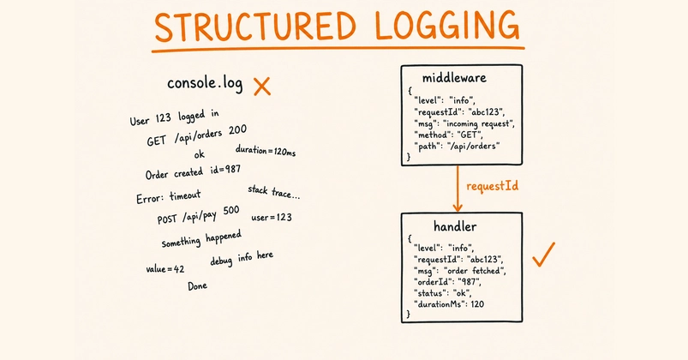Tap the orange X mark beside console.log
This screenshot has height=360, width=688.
click(262, 86)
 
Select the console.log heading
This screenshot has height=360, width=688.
click(205, 83)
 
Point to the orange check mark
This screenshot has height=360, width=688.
click(544, 255)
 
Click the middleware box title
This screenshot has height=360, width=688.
click(454, 78)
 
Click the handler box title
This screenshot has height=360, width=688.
click(455, 226)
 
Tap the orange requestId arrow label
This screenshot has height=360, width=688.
click(492, 186)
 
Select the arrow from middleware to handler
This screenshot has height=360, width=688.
click(458, 189)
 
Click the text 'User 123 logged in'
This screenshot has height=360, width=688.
click(174, 117)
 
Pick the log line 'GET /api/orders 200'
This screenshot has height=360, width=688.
click(196, 135)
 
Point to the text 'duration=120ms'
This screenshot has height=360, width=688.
click(266, 150)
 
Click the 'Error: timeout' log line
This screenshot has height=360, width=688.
click(169, 196)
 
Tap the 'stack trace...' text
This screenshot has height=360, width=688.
click(274, 191)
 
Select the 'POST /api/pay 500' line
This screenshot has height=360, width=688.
click(198, 214)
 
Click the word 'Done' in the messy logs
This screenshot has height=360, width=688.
click(197, 285)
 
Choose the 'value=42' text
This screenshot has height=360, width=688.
click(165, 268)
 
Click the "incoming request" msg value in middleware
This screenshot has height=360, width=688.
click(479, 123)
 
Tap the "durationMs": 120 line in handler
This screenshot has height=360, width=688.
click(449, 303)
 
